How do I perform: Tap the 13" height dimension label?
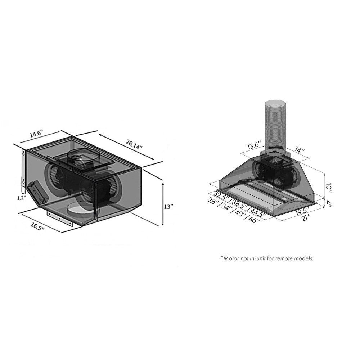click(168, 207)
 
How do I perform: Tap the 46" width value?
click(253, 219)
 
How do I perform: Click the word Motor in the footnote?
click(232, 258)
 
